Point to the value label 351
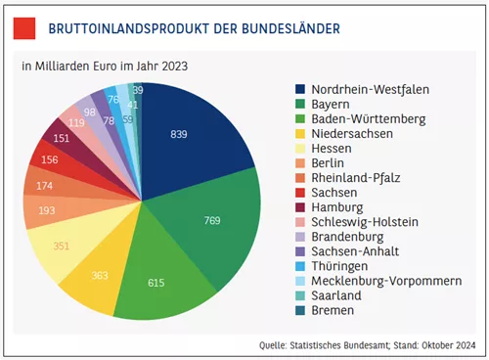62,246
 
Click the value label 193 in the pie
47,210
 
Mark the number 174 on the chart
44,186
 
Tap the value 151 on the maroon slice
62,138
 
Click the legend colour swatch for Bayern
300,104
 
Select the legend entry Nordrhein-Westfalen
370,89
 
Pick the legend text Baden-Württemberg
369,119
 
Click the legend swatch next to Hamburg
300,207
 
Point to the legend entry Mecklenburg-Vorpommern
386,281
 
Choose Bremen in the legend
333,310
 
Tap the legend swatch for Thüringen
300,266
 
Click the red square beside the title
24,28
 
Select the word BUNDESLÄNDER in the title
290,28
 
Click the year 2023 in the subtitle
175,67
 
